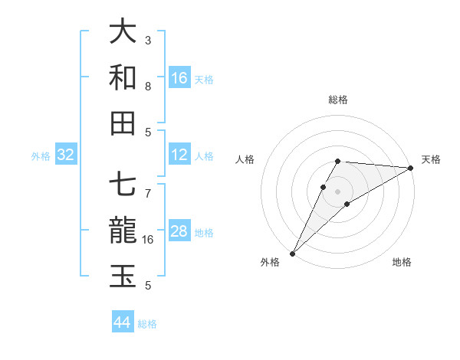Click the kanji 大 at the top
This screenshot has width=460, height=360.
[x=123, y=32]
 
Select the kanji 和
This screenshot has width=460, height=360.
[x=123, y=77]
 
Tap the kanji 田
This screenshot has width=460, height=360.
[x=123, y=123]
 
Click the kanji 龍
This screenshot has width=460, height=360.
[x=123, y=231]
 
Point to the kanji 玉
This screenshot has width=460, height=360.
[x=123, y=277]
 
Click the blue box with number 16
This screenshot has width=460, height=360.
[x=179, y=78]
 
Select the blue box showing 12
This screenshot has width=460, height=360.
[x=179, y=155]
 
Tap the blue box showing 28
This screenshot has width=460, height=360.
[x=179, y=231]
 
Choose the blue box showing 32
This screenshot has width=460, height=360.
[x=66, y=155]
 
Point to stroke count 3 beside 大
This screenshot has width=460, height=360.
[x=148, y=40]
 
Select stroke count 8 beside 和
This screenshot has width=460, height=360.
[x=148, y=86]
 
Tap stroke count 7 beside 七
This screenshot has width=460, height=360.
[x=148, y=185]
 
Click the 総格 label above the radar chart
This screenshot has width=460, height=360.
[x=338, y=100]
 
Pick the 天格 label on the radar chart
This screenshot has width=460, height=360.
[x=431, y=159]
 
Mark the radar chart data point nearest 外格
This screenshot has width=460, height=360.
[x=292, y=254]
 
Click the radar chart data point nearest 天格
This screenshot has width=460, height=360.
[x=411, y=168]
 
